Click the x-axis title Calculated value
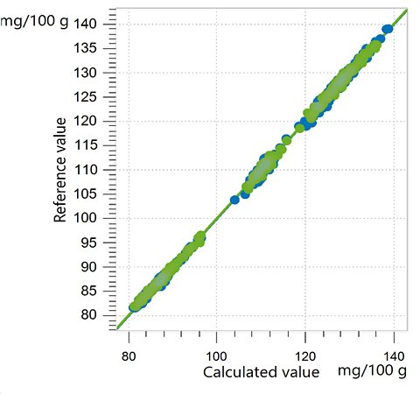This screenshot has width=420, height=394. point(262,373)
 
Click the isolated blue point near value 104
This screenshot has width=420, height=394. point(234,200)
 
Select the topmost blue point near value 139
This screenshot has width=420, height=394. point(388,30)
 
